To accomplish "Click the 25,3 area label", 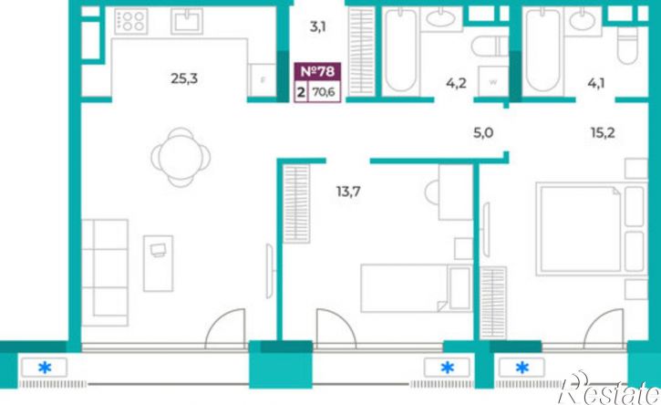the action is [x=184, y=78].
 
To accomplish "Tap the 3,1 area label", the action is [x=318, y=27].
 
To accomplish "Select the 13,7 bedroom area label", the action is [x=348, y=192].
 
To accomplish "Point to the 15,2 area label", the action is [x=603, y=133].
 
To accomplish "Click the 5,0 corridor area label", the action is [x=483, y=133].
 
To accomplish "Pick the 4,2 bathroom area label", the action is [x=456, y=83].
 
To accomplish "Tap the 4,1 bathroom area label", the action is [x=596, y=83].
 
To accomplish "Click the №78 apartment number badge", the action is [x=317, y=71].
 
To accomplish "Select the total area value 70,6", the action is [x=324, y=91].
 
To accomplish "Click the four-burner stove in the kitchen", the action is [x=131, y=21].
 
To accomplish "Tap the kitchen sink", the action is [x=187, y=21].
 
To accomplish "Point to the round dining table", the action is [x=181, y=157].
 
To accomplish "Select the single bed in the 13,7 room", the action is [x=417, y=288].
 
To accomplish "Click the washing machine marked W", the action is [x=493, y=81].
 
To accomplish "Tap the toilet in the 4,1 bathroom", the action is [x=628, y=45].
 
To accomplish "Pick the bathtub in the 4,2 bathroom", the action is [x=401, y=50].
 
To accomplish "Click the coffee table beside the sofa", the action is [x=158, y=264].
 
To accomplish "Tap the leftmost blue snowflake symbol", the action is [x=45, y=368].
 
